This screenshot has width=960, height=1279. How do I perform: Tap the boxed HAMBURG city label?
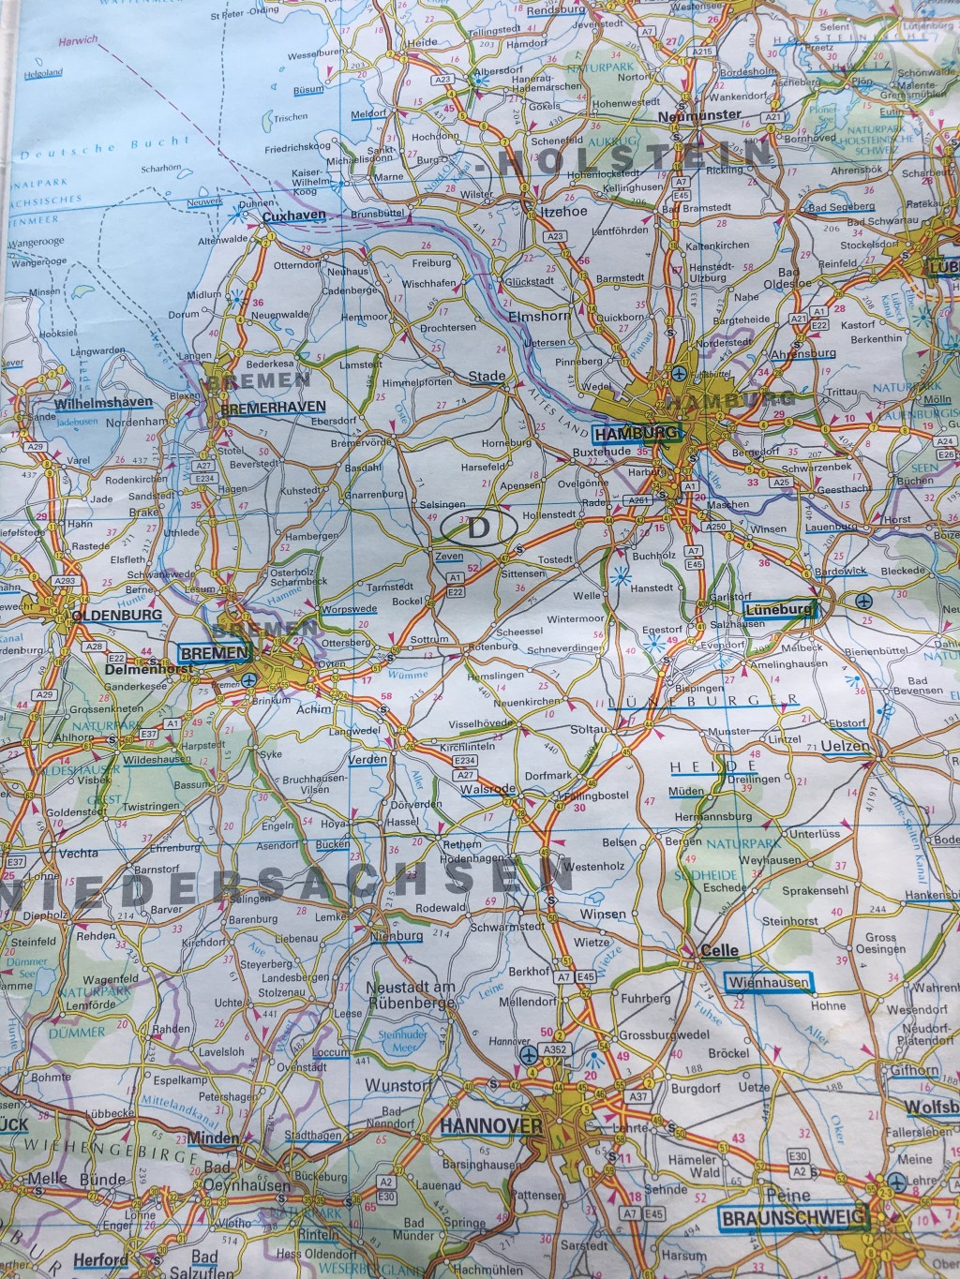pyautogui.click(x=636, y=433)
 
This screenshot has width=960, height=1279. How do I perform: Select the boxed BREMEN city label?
pyautogui.click(x=215, y=652)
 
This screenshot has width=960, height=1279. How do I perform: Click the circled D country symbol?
pyautogui.click(x=477, y=528)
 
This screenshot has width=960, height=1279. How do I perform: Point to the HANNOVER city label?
pyautogui.click(x=491, y=1124)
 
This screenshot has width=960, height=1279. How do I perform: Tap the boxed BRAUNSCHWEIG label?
pyautogui.click(x=793, y=1218)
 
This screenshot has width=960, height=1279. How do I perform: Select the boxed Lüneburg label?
pyautogui.click(x=777, y=610)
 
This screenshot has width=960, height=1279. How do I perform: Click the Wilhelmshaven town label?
pyautogui.click(x=104, y=403)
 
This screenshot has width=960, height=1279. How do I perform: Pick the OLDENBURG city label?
pyautogui.click(x=116, y=617)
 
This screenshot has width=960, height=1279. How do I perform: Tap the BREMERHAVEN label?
pyautogui.click(x=273, y=408)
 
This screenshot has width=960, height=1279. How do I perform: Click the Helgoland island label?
pyautogui.click(x=42, y=72)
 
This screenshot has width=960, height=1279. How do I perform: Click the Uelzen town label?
pyautogui.click(x=846, y=747)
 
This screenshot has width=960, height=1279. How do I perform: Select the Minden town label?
pyautogui.click(x=214, y=1138)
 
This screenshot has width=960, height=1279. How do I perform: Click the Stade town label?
pyautogui.click(x=487, y=377)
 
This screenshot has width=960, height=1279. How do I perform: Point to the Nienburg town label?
pyautogui.click(x=397, y=934)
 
